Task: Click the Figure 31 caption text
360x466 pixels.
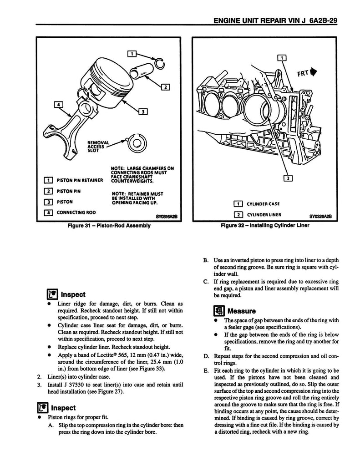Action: point(111,225)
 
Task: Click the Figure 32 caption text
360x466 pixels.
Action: point(265,225)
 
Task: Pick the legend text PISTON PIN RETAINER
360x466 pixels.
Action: point(80,180)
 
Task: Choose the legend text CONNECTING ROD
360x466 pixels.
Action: point(76,212)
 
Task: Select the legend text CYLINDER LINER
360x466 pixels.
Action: point(264,215)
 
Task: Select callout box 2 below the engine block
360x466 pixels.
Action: point(288,178)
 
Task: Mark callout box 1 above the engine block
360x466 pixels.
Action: point(281,58)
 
